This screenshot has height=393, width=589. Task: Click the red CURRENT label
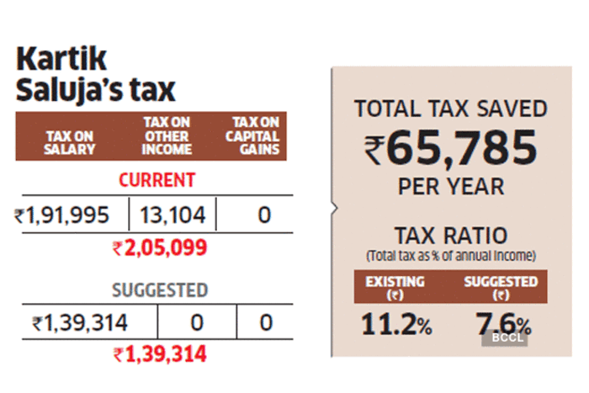click(157, 180)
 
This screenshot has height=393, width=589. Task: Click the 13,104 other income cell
click(173, 215)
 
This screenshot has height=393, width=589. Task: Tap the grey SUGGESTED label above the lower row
click(160, 290)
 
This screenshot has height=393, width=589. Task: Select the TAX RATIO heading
click(451, 235)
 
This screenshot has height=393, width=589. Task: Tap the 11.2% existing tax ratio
click(396, 324)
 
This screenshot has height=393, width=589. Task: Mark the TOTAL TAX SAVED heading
click(451, 109)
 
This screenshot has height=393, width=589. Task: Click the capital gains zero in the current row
click(264, 215)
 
